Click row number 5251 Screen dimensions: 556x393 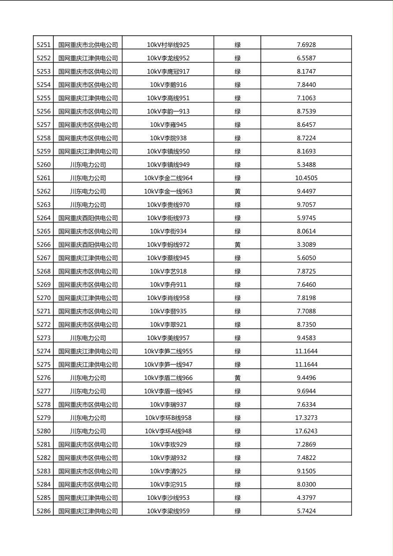(x=44, y=44)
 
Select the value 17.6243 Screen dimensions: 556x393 (x=306, y=431)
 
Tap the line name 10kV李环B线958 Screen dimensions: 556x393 (x=168, y=418)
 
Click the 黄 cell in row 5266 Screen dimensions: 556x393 (x=237, y=245)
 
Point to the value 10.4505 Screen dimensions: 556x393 (x=306, y=178)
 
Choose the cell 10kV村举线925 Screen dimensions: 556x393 (x=168, y=44)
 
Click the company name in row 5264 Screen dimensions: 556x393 (x=88, y=218)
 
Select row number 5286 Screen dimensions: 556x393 (x=44, y=511)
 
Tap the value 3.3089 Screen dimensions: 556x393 (x=306, y=245)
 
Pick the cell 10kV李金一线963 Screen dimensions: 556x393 (x=168, y=191)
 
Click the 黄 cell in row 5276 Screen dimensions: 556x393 (x=237, y=378)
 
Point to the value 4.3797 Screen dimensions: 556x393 (x=306, y=498)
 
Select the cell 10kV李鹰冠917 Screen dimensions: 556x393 (x=168, y=71)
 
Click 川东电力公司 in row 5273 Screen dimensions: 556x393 (x=88, y=338)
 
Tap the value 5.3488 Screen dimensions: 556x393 (x=306, y=165)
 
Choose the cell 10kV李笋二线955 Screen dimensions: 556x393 (x=168, y=351)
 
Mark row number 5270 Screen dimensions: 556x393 (x=44, y=298)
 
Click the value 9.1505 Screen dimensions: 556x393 (x=306, y=471)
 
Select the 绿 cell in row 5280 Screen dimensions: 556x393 (x=237, y=431)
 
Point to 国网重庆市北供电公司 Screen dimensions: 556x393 (x=88, y=44)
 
